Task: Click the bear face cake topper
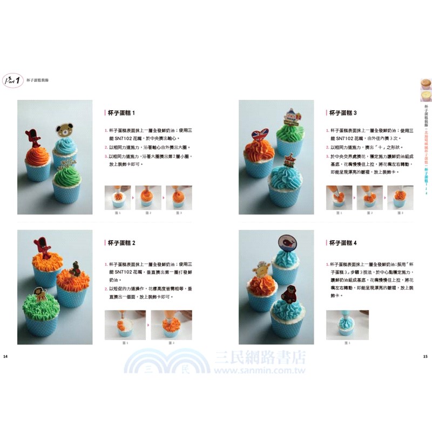[65, 130]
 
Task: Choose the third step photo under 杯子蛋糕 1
[179, 197]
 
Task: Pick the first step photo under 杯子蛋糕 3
[339, 197]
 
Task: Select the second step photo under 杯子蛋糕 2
[171, 325]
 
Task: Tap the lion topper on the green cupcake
[40, 294]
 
